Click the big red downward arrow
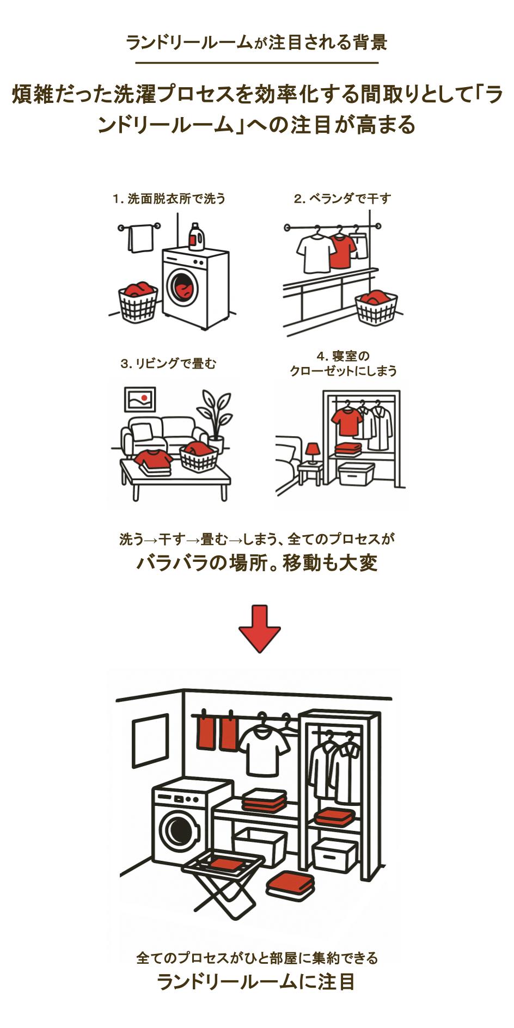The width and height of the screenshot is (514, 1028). (x=259, y=629)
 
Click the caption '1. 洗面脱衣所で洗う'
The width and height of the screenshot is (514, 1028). (x=169, y=199)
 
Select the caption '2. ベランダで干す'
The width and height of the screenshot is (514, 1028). (x=342, y=199)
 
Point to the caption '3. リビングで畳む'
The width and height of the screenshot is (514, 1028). (x=168, y=363)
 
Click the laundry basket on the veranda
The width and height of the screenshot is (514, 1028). (x=376, y=307)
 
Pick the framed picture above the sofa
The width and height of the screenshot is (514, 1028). (x=140, y=399)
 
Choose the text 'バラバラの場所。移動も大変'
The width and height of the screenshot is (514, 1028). (x=256, y=563)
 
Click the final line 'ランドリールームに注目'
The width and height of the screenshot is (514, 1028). (x=256, y=982)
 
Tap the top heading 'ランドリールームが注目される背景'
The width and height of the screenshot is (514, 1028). (x=256, y=42)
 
